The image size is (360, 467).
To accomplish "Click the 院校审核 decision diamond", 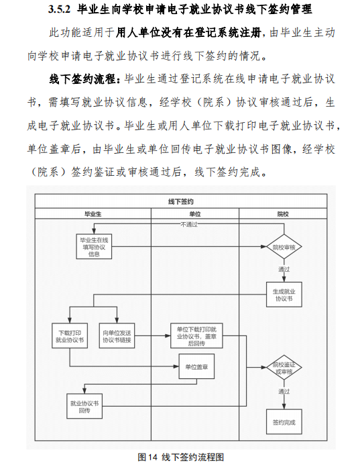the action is (x=284, y=247).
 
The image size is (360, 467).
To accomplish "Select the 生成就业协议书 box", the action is (x=284, y=295).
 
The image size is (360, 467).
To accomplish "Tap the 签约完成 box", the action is (x=284, y=422).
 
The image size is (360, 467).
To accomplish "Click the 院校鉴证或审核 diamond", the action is (x=284, y=368).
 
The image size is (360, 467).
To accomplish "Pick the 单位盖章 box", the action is (x=196, y=366).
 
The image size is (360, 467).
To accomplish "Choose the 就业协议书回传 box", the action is (x=84, y=406).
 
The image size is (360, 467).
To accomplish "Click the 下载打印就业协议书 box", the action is (x=70, y=335).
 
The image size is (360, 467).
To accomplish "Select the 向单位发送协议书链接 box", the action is (x=117, y=335).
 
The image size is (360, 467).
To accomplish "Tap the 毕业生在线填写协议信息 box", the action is (x=94, y=247).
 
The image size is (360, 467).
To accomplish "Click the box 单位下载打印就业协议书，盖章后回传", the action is (x=196, y=335).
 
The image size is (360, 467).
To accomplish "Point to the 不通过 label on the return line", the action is (x=189, y=224).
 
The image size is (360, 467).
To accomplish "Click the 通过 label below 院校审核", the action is (x=284, y=269).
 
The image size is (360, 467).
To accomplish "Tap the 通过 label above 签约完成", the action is (x=284, y=391).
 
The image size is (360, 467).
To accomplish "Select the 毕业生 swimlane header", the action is (x=93, y=214).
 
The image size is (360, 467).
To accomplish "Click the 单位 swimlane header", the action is (x=195, y=214).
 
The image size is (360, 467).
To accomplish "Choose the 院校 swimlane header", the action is (x=283, y=214).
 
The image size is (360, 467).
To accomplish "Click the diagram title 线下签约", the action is (x=181, y=202).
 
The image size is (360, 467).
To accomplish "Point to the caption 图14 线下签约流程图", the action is (x=180, y=457).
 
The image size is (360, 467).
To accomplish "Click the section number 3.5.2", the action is (x=60, y=9).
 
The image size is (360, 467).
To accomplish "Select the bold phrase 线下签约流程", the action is (x=82, y=79).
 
